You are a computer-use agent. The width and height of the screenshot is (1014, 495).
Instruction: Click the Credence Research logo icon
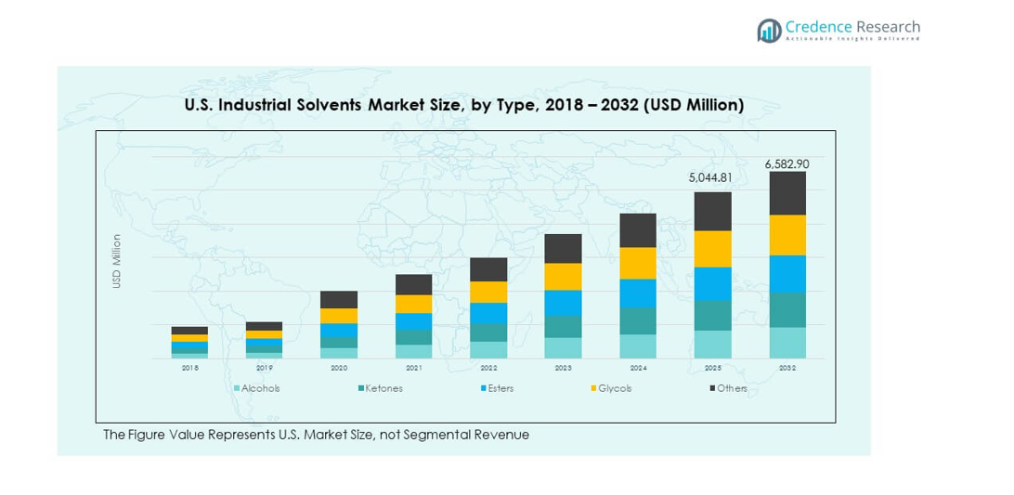coord(769,31)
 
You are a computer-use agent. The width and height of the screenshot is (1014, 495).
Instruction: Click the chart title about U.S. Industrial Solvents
coord(464,105)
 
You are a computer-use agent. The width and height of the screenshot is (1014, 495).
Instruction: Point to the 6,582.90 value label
coord(786,163)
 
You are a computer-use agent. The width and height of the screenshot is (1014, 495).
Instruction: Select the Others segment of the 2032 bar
coord(787,193)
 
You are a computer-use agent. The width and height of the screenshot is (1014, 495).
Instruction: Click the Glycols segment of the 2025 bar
coord(712,249)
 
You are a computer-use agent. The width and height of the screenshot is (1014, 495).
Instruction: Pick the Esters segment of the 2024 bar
coord(638,293)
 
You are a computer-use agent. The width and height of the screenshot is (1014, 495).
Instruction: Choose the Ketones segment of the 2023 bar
coord(563,326)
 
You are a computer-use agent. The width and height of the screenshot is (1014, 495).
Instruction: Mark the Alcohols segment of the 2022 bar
coord(488,349)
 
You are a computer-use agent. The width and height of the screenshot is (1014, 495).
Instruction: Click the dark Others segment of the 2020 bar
coord(339,299)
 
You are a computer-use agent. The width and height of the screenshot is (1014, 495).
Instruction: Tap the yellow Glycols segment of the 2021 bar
coord(413,304)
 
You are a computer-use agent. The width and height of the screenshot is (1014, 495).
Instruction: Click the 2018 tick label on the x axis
coord(189,369)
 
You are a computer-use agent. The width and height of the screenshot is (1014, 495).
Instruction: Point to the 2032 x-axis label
coord(787,369)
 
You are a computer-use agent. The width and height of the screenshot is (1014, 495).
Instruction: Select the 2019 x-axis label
coord(264,369)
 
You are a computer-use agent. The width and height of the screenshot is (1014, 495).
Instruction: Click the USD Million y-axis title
coord(117,261)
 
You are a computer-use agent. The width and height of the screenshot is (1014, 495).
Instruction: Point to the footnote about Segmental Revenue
coord(316,435)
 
